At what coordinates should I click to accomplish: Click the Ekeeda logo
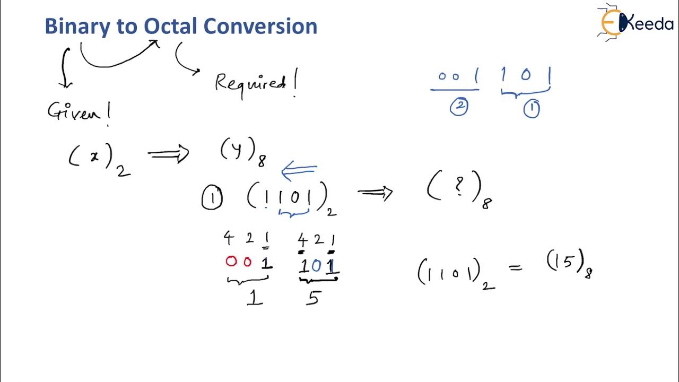[634, 22]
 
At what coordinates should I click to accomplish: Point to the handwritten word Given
[79, 112]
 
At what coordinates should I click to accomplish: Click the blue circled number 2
[458, 107]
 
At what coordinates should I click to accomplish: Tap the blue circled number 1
[532, 109]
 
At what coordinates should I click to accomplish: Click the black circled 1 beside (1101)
[212, 199]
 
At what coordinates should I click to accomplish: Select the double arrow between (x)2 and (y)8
[168, 154]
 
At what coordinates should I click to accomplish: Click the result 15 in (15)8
[567, 262]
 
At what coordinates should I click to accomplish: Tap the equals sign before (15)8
[515, 268]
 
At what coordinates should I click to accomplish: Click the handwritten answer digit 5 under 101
[313, 298]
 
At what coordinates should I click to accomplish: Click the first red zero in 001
[231, 262]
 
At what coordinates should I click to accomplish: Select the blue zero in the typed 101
[317, 265]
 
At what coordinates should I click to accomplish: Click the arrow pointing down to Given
[65, 67]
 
